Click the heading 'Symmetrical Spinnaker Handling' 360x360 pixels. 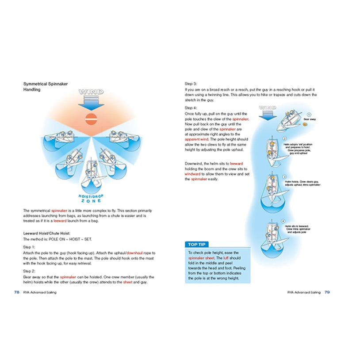[45, 86]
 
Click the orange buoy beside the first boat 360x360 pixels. [304, 126]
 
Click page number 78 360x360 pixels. [16, 292]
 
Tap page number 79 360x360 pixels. [327, 292]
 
